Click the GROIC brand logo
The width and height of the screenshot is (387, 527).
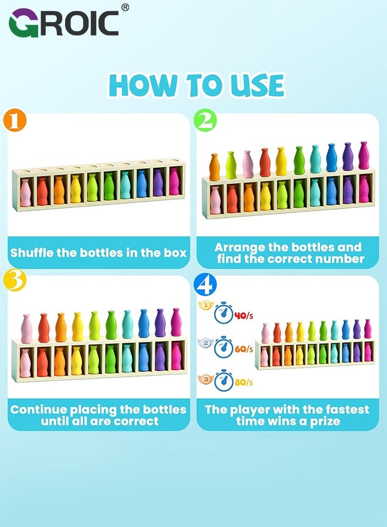click(x=63, y=23)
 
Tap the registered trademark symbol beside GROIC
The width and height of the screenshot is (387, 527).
click(x=125, y=8)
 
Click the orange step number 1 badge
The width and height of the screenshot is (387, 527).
click(x=17, y=121)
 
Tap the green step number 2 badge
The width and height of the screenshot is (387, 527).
click(x=206, y=121)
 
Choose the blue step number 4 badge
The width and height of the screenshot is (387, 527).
click(x=206, y=284)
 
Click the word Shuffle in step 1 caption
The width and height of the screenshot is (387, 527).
click(x=33, y=253)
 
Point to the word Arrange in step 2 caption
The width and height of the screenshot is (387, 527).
click(x=239, y=247)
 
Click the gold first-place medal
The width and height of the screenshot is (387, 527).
click(x=205, y=305)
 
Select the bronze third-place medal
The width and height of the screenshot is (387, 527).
click(x=205, y=372)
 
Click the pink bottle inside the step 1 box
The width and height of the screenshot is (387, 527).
click(x=26, y=193)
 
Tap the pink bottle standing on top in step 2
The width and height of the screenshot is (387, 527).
click(x=247, y=165)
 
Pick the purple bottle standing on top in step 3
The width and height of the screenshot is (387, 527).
click(x=160, y=323)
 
